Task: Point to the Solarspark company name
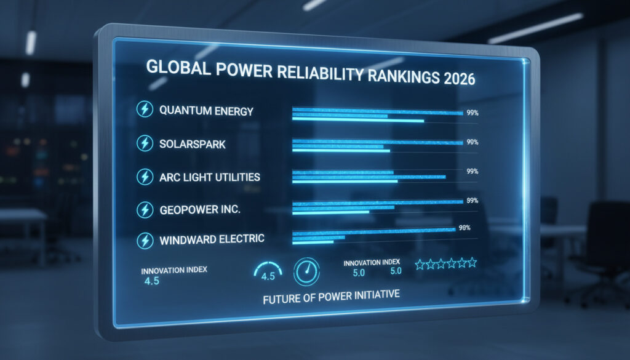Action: click(x=193, y=145)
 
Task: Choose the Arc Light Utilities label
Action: click(x=210, y=177)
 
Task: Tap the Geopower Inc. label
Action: click(x=200, y=210)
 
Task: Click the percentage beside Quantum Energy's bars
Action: click(x=472, y=113)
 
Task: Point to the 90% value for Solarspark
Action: click(x=472, y=142)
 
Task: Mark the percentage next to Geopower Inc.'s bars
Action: click(x=472, y=200)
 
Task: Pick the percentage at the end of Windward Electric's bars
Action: click(x=465, y=228)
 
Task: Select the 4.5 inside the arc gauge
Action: click(x=268, y=276)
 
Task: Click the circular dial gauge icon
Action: click(x=306, y=271)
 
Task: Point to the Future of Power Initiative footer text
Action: click(x=331, y=295)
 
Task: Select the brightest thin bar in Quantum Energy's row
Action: click(x=357, y=121)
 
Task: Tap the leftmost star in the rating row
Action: click(x=421, y=264)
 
